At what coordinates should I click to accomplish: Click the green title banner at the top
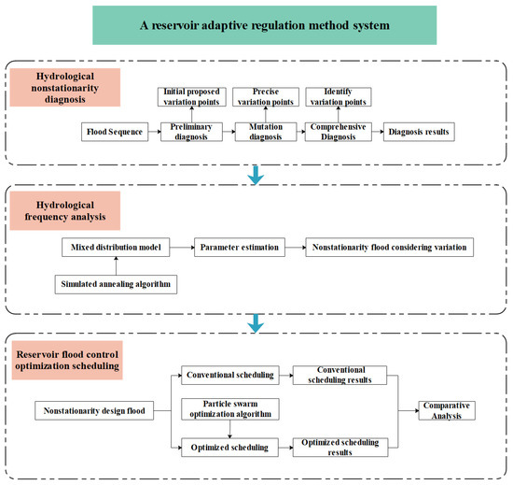click(264, 25)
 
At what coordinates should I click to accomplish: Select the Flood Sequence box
click(115, 132)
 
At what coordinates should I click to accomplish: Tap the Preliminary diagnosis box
click(191, 132)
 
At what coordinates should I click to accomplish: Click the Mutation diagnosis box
click(266, 132)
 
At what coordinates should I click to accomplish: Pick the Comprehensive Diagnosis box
click(339, 132)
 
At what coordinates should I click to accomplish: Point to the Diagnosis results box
click(419, 132)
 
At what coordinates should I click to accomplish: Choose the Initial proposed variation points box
click(191, 96)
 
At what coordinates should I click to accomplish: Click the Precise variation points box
click(266, 96)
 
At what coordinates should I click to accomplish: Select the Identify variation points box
click(339, 96)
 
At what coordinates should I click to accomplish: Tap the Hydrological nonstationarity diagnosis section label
click(65, 88)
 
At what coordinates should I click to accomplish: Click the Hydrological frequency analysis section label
click(65, 210)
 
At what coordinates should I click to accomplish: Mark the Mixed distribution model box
click(116, 247)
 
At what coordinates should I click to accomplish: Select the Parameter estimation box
click(240, 247)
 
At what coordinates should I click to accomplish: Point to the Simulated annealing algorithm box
click(116, 284)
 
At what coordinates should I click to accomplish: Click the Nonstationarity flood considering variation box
click(389, 247)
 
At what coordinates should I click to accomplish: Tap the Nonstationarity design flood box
click(94, 410)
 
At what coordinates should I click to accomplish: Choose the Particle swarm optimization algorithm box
click(230, 409)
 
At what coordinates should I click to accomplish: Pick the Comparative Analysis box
click(447, 410)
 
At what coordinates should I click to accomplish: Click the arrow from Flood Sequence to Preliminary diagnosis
click(155, 132)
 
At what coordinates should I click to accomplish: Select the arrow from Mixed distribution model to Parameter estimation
click(182, 247)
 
